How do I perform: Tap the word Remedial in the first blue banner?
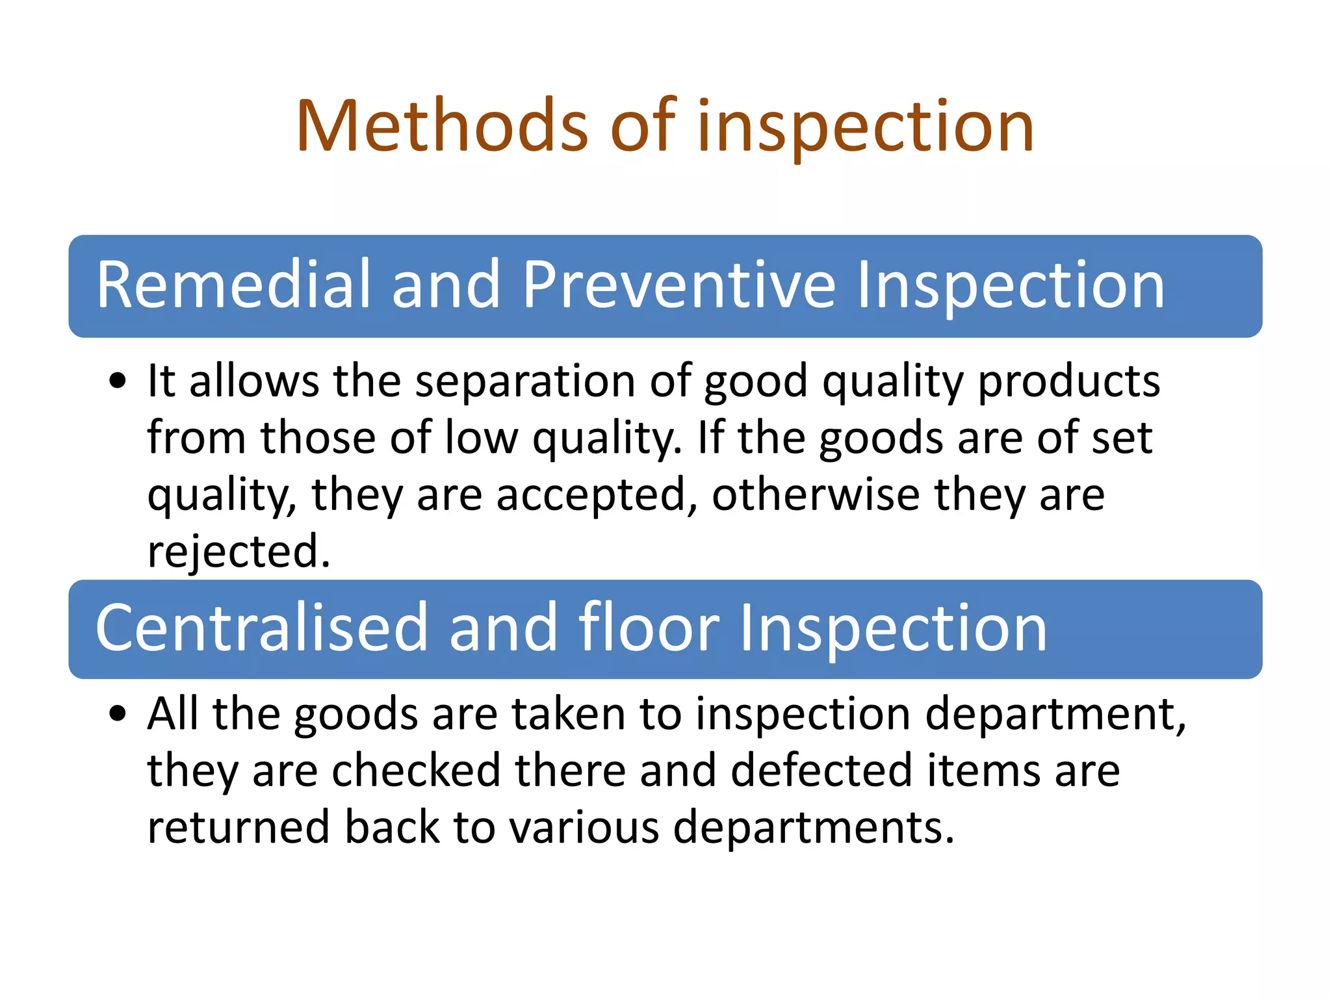coord(233,285)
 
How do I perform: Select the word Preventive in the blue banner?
coord(678,285)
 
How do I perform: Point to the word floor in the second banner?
coord(649,628)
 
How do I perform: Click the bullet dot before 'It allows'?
coord(118,382)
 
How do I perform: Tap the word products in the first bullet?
coord(1069,382)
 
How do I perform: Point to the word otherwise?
coord(816,495)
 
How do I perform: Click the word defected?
coord(821,771)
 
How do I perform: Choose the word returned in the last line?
coord(239,828)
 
